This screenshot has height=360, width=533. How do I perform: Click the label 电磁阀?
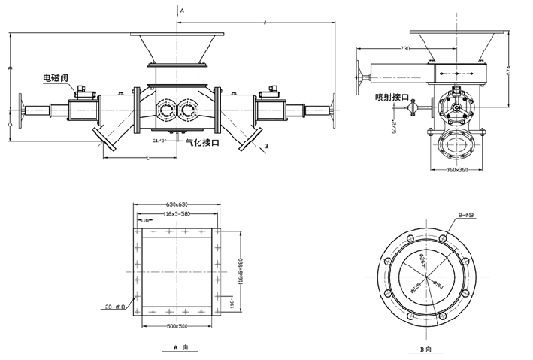[x=58, y=77]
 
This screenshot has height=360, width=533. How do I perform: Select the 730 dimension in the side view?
[x=404, y=49]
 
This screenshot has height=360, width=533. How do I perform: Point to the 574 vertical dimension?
[x=508, y=72]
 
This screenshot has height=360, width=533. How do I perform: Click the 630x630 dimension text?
[x=177, y=204]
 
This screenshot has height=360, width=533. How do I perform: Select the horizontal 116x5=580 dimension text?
[x=177, y=214]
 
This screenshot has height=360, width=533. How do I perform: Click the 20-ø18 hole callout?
[x=118, y=307]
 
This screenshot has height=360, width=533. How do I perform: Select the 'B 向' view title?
[x=427, y=349]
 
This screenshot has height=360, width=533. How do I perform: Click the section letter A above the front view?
[x=181, y=10]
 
